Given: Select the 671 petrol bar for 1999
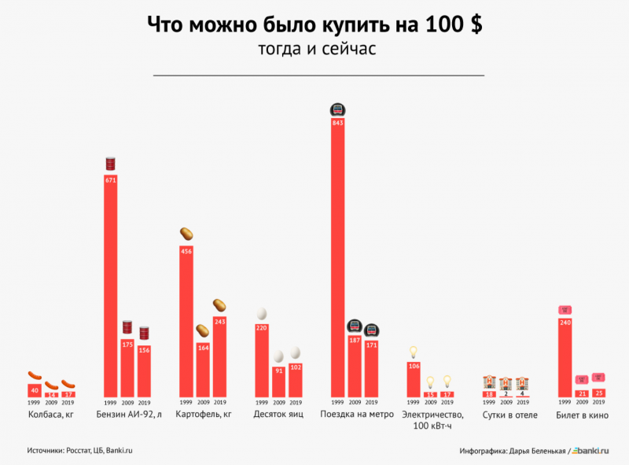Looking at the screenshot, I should point(111,284).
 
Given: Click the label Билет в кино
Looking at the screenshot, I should point(581,414).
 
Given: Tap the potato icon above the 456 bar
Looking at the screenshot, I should point(186,234).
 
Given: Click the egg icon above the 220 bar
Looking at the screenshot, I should point(262,313).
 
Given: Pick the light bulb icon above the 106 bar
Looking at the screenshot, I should point(414,351).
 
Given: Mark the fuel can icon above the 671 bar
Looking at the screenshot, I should point(111,164).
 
